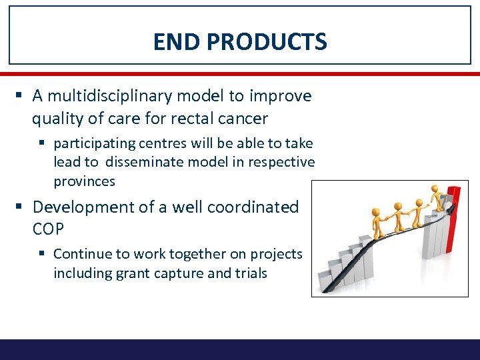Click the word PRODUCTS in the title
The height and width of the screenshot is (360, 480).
[x=267, y=42]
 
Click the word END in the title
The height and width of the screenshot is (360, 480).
[x=177, y=42]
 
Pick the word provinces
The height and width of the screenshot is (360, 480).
[x=84, y=181]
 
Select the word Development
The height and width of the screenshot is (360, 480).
[x=84, y=207]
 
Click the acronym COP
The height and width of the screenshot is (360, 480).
[x=48, y=229]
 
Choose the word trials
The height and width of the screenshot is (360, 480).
[x=249, y=273]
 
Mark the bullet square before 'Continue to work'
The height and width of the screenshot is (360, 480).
[x=43, y=254]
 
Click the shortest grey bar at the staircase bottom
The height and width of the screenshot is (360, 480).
[x=325, y=281]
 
